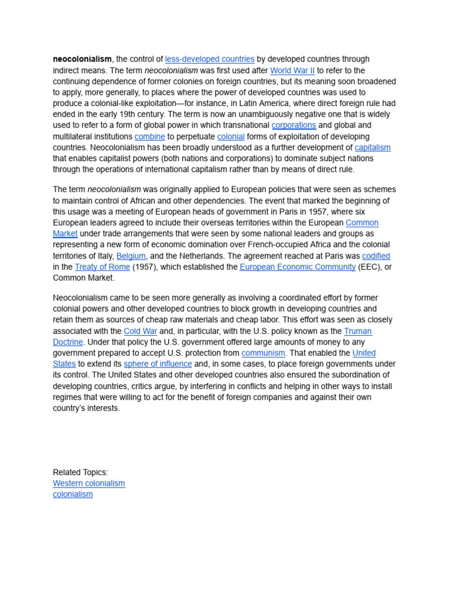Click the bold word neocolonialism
82,59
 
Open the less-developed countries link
210,59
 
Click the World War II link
292,70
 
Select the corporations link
294,125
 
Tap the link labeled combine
149,137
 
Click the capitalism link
373,148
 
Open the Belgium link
131,256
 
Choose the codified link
376,256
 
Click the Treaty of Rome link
103,267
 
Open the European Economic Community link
298,267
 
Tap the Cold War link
141,332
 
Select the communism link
264,353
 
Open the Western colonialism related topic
89,483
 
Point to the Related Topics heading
80,472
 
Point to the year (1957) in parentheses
145,267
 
